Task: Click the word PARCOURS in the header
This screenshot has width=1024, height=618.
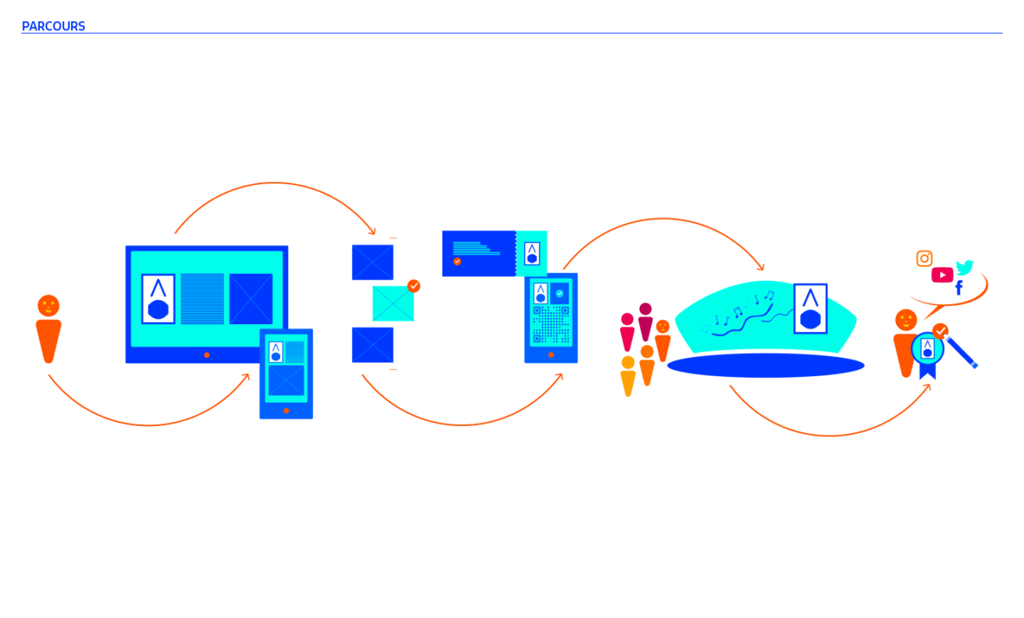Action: tap(54, 26)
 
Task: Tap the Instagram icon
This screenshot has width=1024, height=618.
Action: tap(924, 259)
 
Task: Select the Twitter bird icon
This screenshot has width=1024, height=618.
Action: tap(965, 267)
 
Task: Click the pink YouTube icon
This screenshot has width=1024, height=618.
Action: tap(942, 275)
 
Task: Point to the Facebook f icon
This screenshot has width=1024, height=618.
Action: tap(958, 287)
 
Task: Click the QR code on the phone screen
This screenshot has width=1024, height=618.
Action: tap(551, 325)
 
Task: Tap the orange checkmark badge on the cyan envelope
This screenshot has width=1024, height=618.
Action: tap(414, 286)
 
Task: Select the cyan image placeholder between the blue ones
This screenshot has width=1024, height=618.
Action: tap(393, 304)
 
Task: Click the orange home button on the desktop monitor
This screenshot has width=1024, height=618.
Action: tap(206, 355)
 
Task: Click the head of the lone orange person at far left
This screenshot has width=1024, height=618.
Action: tap(49, 306)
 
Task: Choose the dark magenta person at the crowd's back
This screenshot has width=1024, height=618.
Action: tap(646, 319)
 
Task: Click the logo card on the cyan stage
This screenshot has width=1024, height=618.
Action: tap(810, 308)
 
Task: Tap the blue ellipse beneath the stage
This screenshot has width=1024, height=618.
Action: tap(765, 365)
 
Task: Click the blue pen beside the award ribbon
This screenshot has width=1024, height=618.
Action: tap(962, 353)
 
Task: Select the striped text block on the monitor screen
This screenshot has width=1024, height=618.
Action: tap(202, 299)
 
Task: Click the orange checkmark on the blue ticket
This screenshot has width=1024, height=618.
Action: tap(457, 261)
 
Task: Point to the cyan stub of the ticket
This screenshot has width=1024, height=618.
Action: tap(532, 253)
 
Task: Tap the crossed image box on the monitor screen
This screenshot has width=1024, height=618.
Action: tap(251, 299)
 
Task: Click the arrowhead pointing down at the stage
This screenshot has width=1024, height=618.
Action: tap(761, 268)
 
